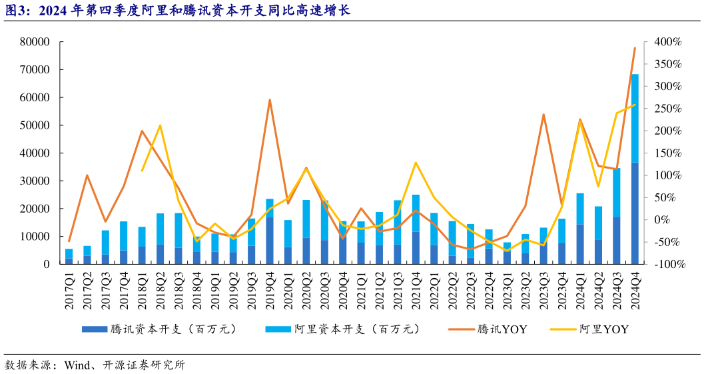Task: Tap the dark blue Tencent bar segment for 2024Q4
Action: click(635, 213)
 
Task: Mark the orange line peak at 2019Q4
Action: click(270, 100)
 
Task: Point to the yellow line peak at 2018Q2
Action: click(161, 125)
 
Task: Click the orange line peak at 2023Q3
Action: click(543, 114)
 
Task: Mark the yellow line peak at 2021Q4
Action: click(416, 163)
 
